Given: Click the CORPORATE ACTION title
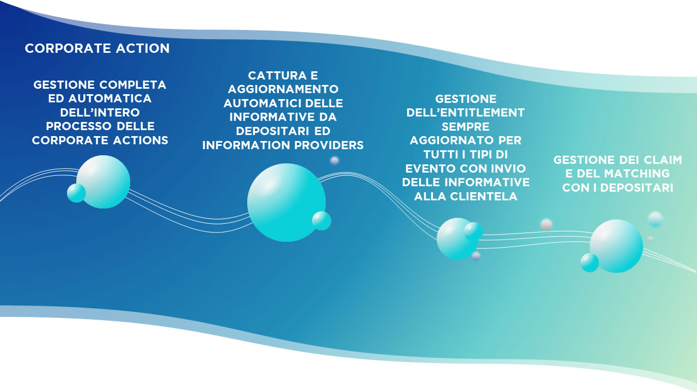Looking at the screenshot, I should [97, 48].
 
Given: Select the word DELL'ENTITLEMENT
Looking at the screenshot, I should [466, 113].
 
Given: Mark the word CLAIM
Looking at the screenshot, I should [662, 160].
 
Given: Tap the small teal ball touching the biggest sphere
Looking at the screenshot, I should [321, 220].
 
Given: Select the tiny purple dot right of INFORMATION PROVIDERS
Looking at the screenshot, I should [334, 160].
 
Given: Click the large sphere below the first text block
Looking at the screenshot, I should [104, 181].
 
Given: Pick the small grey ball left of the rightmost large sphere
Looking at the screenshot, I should [546, 224].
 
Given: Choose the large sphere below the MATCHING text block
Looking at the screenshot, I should [617, 246].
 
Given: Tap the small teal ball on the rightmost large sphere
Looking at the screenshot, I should [589, 262].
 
